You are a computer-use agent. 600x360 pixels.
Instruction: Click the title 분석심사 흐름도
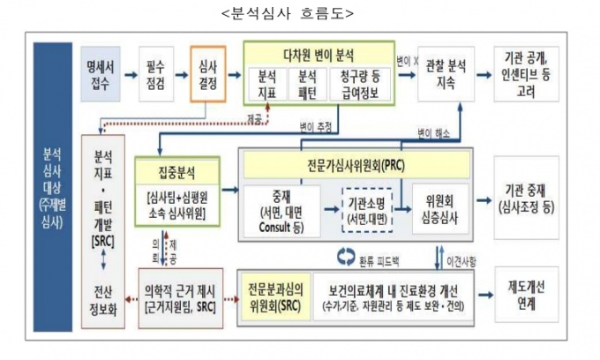[x=299, y=13]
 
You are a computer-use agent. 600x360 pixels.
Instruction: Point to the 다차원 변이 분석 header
[x=318, y=52]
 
